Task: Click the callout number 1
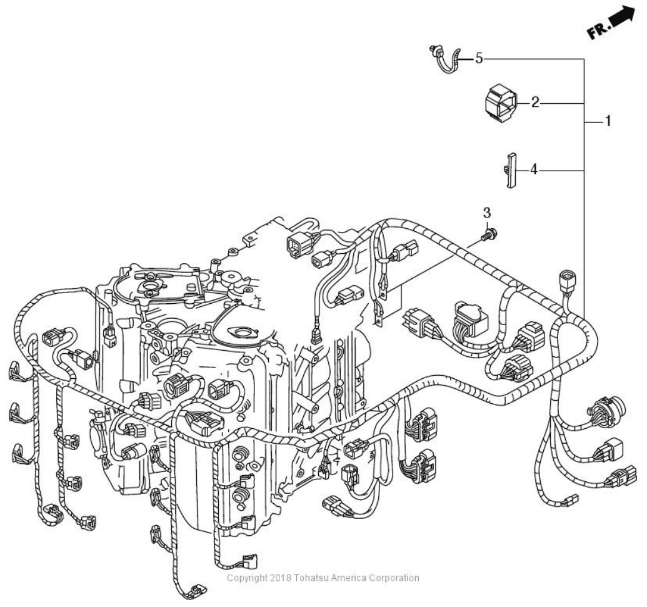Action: click(x=606, y=121)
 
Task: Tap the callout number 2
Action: click(x=535, y=102)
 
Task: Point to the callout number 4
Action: click(x=533, y=169)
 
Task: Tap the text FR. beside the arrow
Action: click(x=596, y=30)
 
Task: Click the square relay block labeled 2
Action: click(x=500, y=103)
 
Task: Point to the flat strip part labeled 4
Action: click(x=511, y=170)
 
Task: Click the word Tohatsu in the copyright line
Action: click(x=308, y=578)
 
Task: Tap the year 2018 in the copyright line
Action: click(x=274, y=578)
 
